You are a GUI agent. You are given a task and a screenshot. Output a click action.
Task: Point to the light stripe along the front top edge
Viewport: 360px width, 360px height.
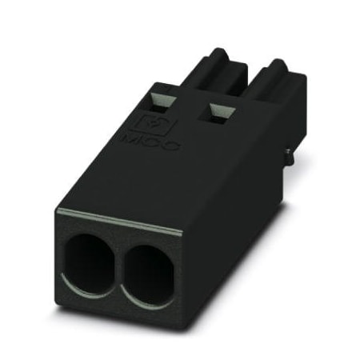120,221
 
